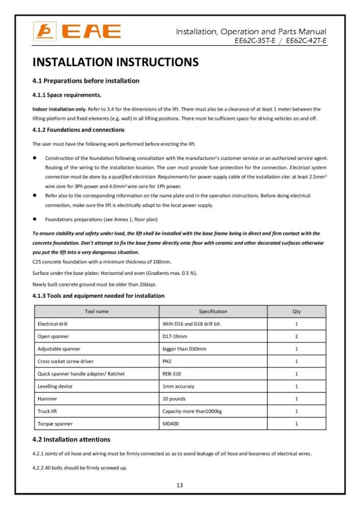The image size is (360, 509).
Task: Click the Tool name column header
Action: [x=96, y=311]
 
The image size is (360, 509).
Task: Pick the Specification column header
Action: [x=213, y=311]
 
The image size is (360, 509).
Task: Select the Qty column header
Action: [x=296, y=311]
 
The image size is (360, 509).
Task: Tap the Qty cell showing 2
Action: [x=296, y=336]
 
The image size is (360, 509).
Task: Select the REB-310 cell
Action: [x=172, y=374]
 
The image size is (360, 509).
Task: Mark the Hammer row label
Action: [x=47, y=399]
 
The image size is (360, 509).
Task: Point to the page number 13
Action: [x=180, y=485]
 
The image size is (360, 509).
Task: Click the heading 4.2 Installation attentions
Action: [x=72, y=439]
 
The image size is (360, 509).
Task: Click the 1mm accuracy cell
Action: [x=178, y=386]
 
